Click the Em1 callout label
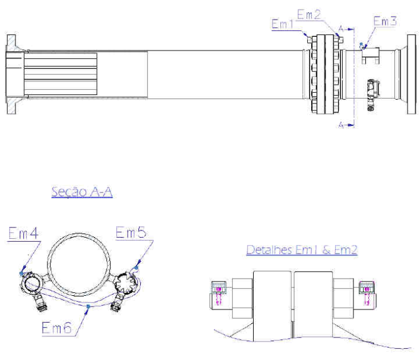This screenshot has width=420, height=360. click(282, 24)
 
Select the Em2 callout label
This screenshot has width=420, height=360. click(309, 14)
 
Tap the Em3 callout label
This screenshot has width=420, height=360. click(385, 21)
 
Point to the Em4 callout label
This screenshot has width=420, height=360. click(24, 233)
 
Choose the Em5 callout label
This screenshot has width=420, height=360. click(131, 232)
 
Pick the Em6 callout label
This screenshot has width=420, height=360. click(56, 327)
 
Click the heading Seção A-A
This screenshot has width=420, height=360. click(82, 191)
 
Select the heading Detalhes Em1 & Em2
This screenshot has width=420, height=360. click(302, 250)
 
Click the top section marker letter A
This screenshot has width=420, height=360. click(341, 29)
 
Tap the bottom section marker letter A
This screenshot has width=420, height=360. click(341, 125)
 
